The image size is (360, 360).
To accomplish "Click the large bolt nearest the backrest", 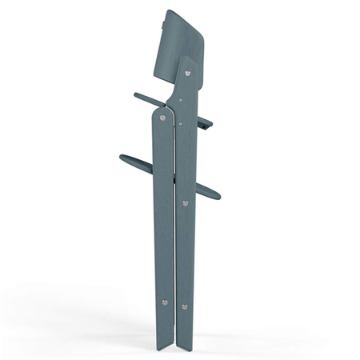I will (x=189, y=74).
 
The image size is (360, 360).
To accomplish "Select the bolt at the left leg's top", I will (x=163, y=117).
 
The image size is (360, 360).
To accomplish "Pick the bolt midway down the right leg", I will (x=186, y=202).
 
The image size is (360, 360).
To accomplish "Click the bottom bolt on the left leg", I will (x=165, y=302).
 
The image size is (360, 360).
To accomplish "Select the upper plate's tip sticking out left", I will (x=137, y=96).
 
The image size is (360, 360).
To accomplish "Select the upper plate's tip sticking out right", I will (x=210, y=124).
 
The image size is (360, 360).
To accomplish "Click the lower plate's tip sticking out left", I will (x=122, y=158).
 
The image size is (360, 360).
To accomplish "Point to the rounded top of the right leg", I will (x=186, y=61).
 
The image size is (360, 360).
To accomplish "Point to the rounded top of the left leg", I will (x=160, y=110).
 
